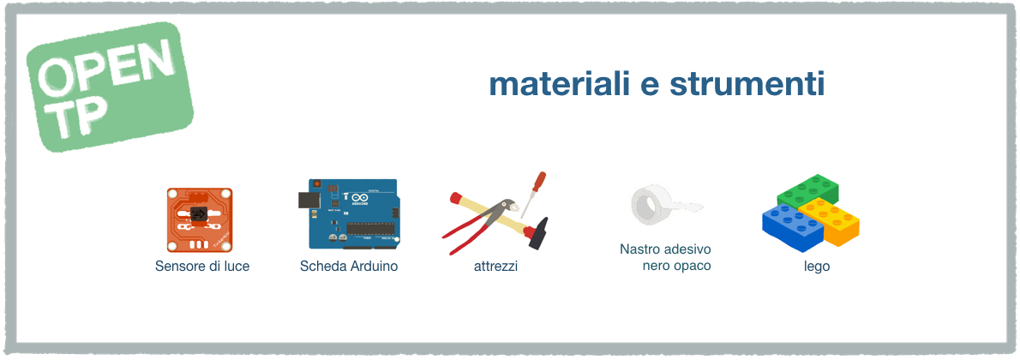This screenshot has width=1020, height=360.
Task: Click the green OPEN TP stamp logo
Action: (110, 87)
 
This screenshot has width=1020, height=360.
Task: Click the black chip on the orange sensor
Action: (201, 213)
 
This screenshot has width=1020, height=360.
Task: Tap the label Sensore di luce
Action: (202, 267)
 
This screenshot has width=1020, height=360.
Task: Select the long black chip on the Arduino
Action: (369, 228)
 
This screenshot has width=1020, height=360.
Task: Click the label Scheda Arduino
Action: (349, 267)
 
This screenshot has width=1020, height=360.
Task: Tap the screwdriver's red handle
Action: (539, 182)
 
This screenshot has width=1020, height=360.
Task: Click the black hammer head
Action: (537, 233)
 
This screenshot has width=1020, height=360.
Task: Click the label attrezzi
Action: (495, 267)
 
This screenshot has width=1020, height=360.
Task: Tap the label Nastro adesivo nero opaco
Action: (665, 258)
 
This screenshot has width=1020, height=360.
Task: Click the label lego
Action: (816, 267)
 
